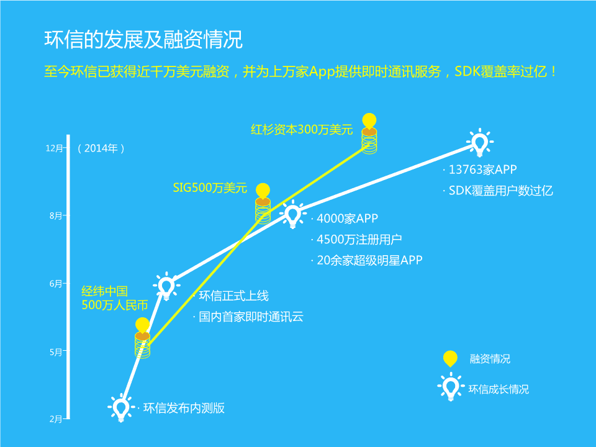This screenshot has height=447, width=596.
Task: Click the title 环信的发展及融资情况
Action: coord(143,39)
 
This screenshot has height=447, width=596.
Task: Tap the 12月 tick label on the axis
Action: coord(55,148)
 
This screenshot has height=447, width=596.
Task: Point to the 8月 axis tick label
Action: coord(56,216)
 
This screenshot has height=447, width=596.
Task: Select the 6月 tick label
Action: coord(56,284)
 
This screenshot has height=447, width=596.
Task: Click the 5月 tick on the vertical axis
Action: coord(56,352)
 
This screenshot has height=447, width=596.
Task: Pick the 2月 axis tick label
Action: coord(56,419)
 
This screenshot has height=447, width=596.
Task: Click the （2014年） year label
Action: coord(101,148)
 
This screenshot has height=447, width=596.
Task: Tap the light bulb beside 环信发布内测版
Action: coord(121,408)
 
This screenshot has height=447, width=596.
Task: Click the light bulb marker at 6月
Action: coord(166,286)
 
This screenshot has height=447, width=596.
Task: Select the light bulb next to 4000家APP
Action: coord(292,214)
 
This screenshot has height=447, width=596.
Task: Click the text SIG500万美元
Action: coord(210,187)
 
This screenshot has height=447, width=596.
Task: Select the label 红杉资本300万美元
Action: coord(302,130)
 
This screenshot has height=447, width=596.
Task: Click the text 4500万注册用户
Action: coord(359,240)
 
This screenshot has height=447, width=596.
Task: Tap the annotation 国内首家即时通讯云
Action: coord(251,317)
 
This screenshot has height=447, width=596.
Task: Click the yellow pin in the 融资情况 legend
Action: coord(450,358)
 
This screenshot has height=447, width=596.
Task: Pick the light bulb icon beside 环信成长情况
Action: coord(451,387)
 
